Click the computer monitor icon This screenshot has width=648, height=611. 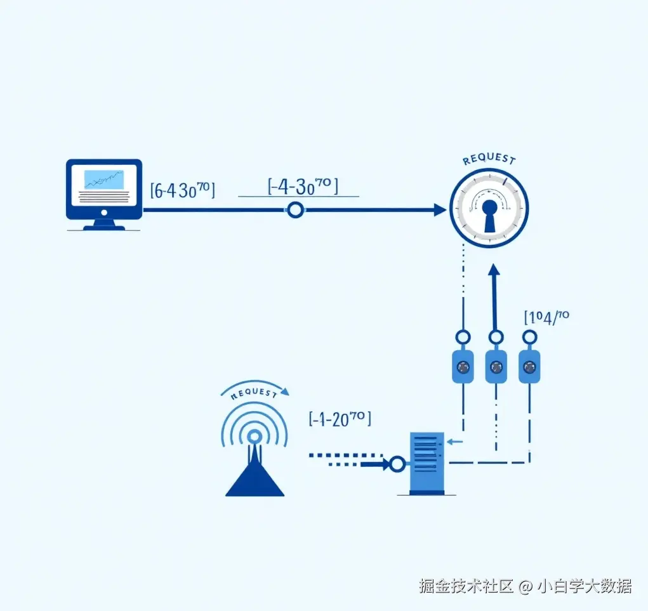point(104,194)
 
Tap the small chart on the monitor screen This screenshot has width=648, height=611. point(104,180)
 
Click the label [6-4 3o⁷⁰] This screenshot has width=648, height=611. point(182,190)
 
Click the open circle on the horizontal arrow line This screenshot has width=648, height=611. point(295,210)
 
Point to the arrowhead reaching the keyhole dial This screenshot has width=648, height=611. point(440,210)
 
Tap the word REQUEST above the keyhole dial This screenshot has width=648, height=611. point(489,159)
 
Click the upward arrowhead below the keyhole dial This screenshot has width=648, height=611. point(494,271)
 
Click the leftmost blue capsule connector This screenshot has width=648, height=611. point(463,366)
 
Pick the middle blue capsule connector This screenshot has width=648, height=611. point(496,366)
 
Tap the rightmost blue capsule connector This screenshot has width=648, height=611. point(529,366)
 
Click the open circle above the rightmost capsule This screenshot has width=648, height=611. point(529,336)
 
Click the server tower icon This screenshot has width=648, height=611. point(426,463)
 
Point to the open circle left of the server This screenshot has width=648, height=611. point(397,464)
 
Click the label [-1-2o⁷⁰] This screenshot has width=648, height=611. point(340,419)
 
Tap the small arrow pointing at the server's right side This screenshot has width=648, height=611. point(454,442)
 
